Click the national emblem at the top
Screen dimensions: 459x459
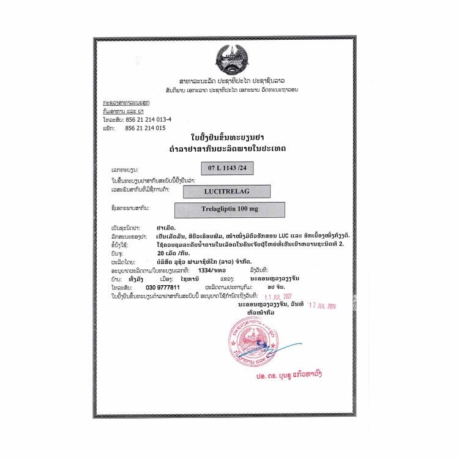point(228,59)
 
